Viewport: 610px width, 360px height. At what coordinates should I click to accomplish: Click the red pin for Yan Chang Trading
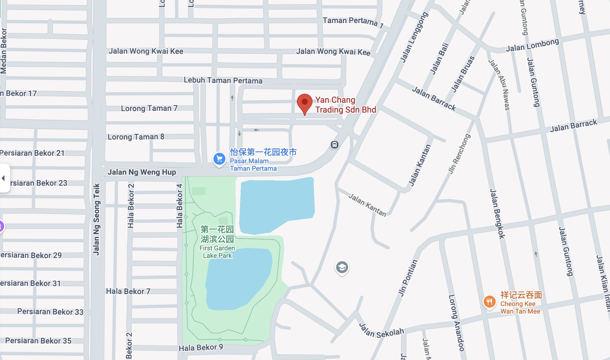[x=304, y=103]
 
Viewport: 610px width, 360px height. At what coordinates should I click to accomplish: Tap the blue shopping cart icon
[x=219, y=158]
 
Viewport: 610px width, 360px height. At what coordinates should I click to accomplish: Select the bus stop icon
[x=334, y=145]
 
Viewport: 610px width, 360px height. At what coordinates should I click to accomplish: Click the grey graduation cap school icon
[x=342, y=267]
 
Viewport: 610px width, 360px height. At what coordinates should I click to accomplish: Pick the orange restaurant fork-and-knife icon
[x=489, y=302]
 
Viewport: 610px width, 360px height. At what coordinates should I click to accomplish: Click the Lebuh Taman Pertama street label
[x=223, y=80]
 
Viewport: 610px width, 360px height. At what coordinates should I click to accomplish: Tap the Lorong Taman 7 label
[x=149, y=108]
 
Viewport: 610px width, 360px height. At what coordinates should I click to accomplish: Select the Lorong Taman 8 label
[x=136, y=137]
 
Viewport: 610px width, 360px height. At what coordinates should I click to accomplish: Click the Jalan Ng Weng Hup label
[x=142, y=172]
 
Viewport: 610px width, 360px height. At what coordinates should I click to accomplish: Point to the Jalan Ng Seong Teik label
[x=96, y=219]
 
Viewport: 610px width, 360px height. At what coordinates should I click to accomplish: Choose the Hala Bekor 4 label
[x=179, y=206]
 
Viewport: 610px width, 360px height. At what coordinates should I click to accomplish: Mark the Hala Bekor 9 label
[x=201, y=347]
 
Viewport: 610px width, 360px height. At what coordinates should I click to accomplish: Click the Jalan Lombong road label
[x=532, y=45]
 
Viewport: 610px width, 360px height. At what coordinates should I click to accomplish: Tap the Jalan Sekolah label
[x=382, y=331]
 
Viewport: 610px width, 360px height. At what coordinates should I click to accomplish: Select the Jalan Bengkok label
[x=497, y=214]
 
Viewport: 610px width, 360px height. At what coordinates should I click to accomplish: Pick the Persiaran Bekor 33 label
[x=50, y=312]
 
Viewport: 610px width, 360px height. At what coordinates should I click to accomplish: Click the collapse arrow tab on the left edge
[x=4, y=178]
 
